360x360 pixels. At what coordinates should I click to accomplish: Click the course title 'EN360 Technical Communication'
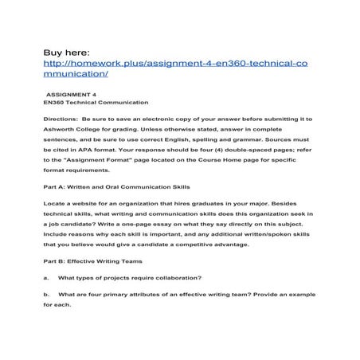pyautogui.click(x=86, y=103)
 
